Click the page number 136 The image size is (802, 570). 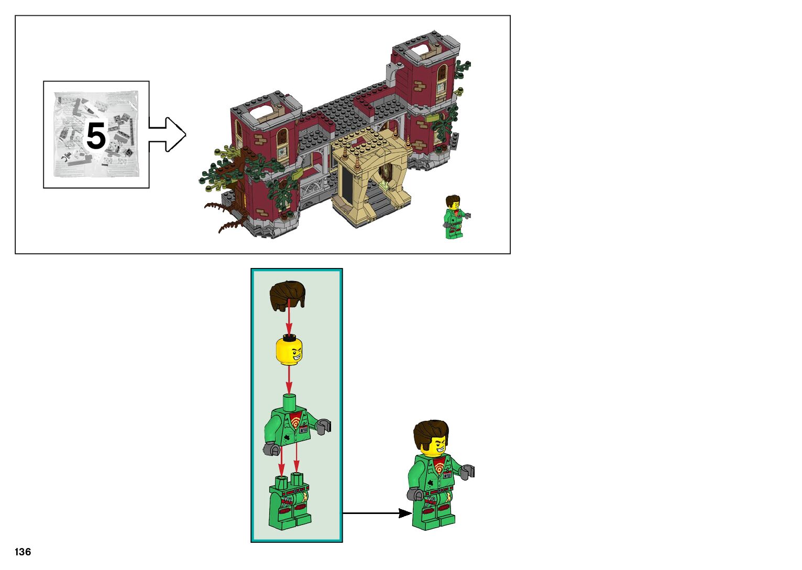point(23,552)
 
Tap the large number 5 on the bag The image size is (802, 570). point(96,136)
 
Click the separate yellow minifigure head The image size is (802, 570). point(289,350)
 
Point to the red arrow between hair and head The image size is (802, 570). point(289,320)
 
